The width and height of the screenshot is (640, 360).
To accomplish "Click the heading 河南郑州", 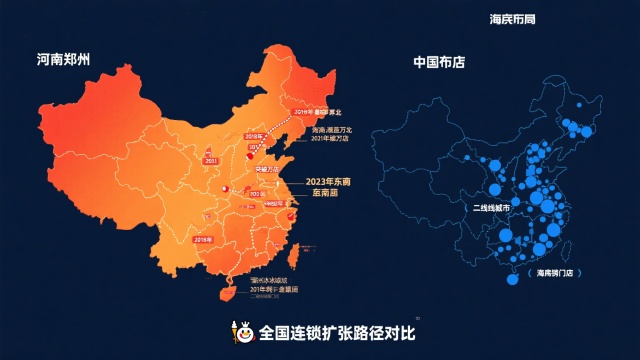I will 64,60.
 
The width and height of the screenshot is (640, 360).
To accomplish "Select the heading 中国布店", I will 439,62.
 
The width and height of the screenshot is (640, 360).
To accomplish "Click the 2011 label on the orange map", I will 211,160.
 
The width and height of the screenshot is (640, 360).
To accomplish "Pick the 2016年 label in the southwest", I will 203,241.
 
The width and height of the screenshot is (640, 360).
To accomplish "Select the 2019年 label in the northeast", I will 301,112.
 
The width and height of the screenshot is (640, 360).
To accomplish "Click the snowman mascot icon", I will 241,330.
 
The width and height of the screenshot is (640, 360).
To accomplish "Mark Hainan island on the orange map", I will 226,292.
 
